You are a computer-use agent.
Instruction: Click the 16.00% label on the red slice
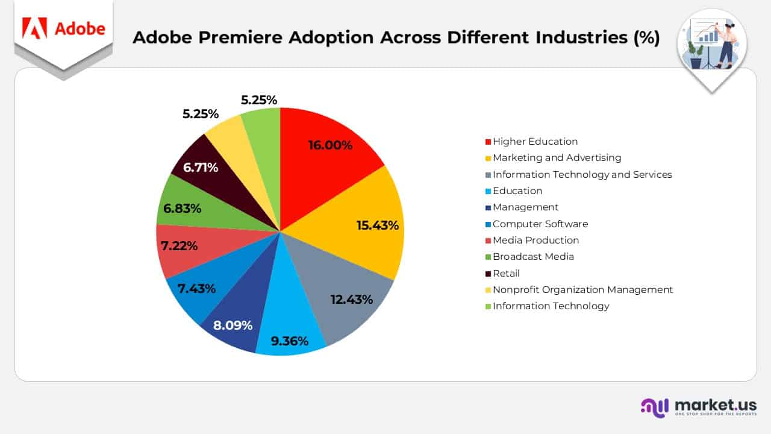tap(330, 145)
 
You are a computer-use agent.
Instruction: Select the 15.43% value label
tap(378, 225)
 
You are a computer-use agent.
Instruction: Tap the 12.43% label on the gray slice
tap(352, 298)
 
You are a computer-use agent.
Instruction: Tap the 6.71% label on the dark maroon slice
tap(201, 167)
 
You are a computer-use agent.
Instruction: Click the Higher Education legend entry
tap(535, 142)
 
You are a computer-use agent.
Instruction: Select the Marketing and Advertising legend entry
tap(557, 158)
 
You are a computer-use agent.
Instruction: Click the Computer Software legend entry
tap(540, 224)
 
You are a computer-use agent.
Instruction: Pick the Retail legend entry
tap(506, 273)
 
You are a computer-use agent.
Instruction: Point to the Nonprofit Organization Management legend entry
tap(582, 289)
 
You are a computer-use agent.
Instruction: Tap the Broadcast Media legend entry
tap(533, 257)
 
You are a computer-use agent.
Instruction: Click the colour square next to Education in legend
tap(488, 191)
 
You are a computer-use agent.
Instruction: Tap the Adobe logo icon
tap(34, 28)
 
